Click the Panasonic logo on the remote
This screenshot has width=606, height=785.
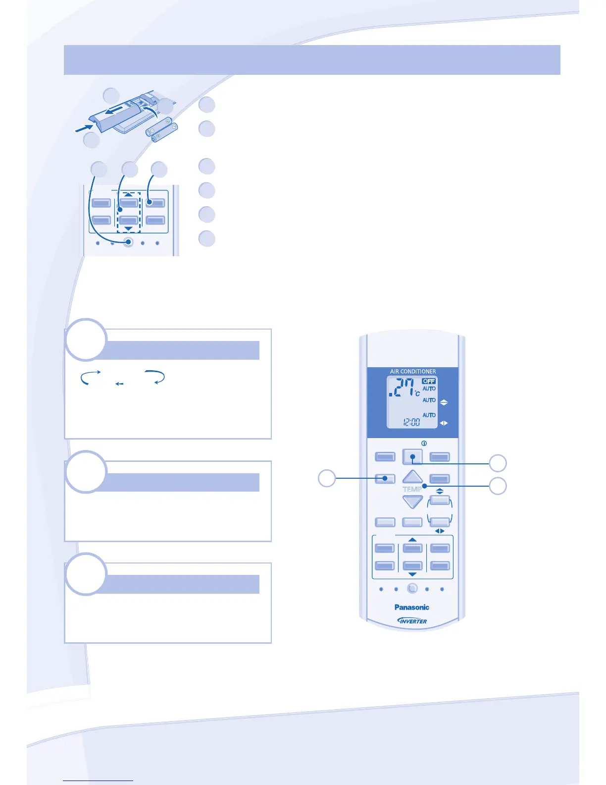pos(411,607)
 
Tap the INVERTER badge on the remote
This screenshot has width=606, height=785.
pos(412,620)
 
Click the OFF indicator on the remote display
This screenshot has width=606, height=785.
pos(429,381)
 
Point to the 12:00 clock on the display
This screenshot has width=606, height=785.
pos(411,422)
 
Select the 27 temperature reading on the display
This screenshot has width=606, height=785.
pos(404,388)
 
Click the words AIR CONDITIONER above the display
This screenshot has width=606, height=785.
pos(413,371)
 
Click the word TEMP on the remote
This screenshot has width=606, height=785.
pos(412,489)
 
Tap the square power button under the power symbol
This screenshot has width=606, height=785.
pos(412,456)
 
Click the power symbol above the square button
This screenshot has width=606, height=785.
pos(424,444)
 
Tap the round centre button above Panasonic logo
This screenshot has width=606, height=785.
pos(412,589)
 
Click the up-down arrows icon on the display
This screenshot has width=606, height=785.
pos(444,402)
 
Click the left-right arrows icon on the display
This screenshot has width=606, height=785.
pos(444,423)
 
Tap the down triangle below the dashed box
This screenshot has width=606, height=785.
pos(128,228)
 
